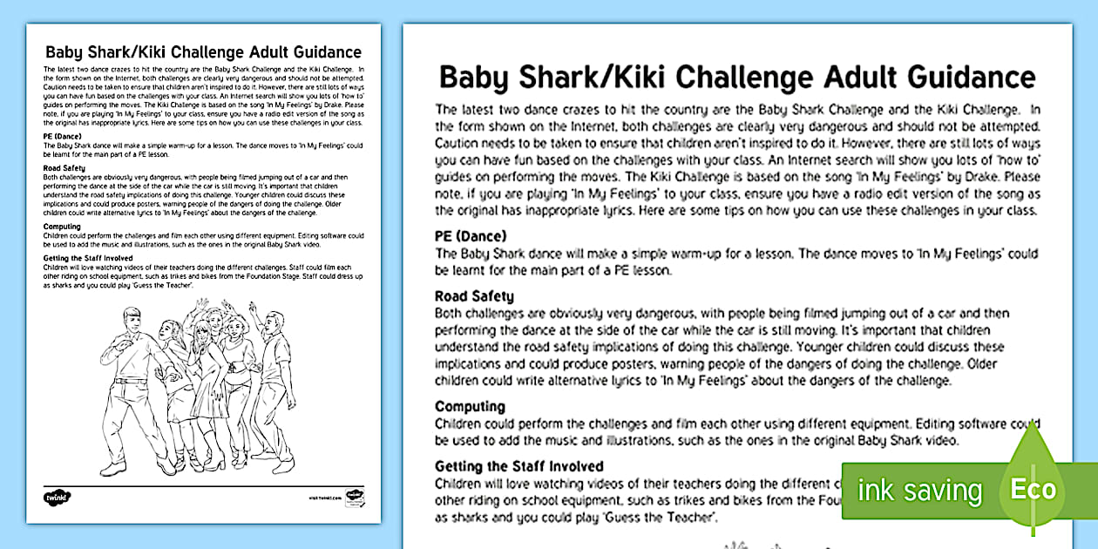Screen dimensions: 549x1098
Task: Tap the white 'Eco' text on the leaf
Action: point(1033,488)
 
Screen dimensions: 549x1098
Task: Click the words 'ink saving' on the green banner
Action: point(918,490)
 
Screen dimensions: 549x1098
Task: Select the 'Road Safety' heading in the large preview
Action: point(474,296)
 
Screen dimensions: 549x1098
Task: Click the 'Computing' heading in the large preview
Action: point(470,406)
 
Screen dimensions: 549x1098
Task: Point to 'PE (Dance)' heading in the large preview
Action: point(471,236)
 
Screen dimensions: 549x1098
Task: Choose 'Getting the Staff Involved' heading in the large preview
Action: point(519,466)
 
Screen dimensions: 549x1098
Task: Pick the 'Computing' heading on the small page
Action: point(62,227)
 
